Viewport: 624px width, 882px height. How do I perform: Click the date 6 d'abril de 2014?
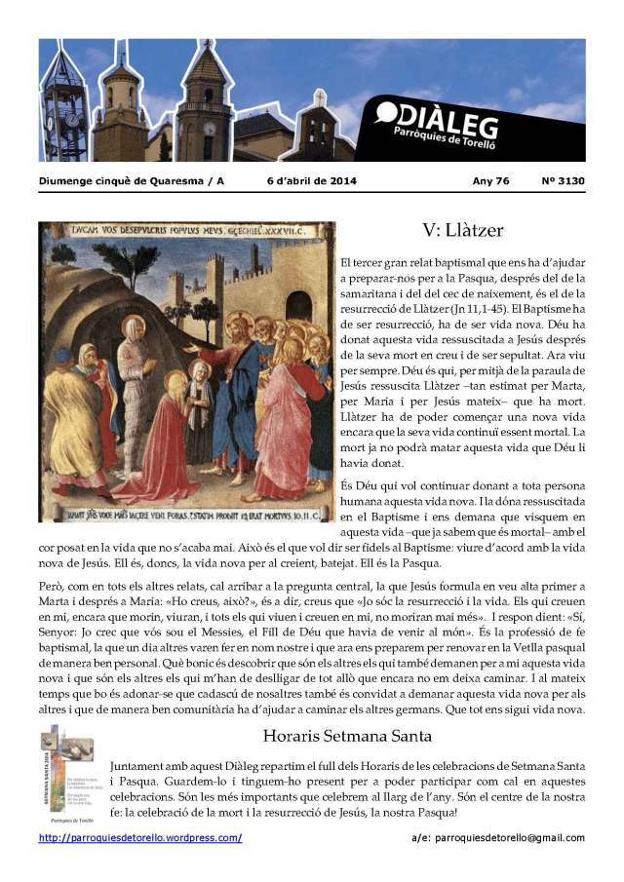(x=311, y=181)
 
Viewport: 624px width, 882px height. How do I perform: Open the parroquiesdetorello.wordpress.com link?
(x=140, y=838)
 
